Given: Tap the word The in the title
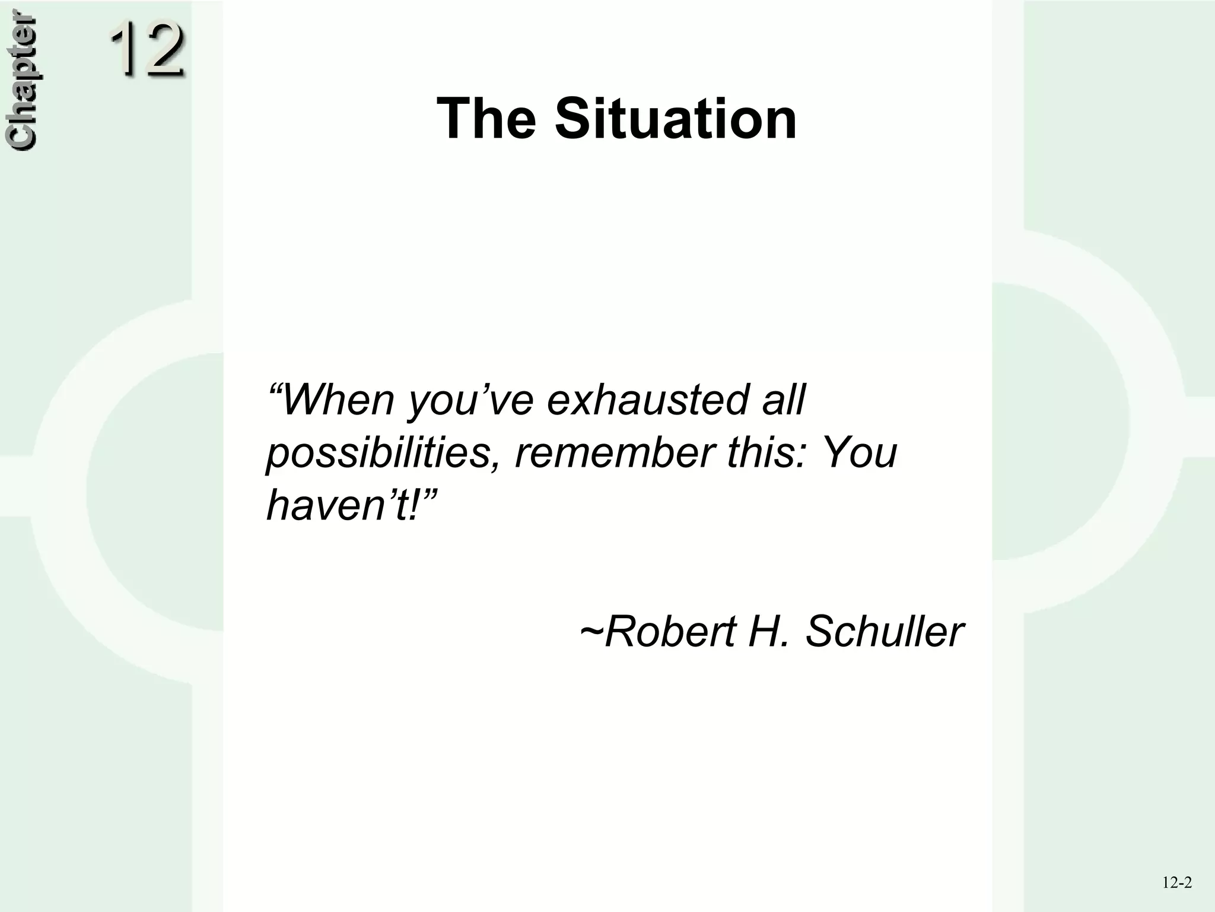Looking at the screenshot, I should click(486, 119).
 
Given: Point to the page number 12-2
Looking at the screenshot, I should click(1177, 883).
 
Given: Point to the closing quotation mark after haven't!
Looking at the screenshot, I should click(430, 492).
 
